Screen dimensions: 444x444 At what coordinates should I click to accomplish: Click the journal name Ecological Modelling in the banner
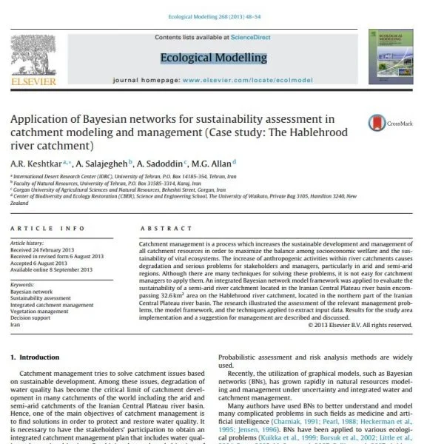point(213,58)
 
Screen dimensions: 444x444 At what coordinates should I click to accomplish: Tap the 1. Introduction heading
point(39,357)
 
